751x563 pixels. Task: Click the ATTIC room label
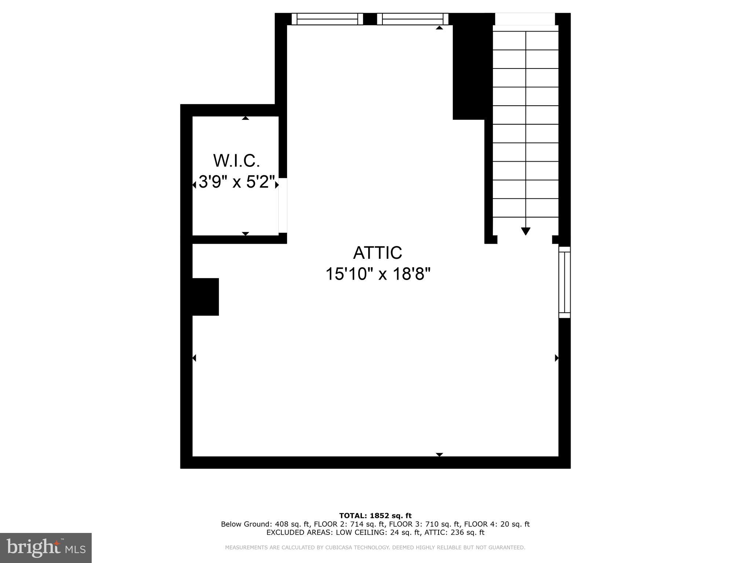coord(377,253)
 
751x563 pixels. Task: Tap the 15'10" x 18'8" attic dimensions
coord(378,274)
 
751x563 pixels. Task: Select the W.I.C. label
coord(237,161)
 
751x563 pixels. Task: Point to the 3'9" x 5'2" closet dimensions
coord(237,182)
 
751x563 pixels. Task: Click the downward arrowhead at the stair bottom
coord(525,231)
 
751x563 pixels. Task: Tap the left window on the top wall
coord(327,19)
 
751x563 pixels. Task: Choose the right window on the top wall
coord(413,19)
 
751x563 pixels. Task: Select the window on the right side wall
coord(564,282)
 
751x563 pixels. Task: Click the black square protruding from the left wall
coord(205,297)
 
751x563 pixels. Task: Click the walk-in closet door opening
coord(283,205)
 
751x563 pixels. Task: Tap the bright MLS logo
coord(45,548)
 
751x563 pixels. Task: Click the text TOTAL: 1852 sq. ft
coord(375,516)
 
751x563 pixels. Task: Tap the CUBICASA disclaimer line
coord(375,548)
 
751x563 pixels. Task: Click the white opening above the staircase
coord(525,19)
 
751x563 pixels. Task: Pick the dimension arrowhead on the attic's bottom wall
coord(439,455)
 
